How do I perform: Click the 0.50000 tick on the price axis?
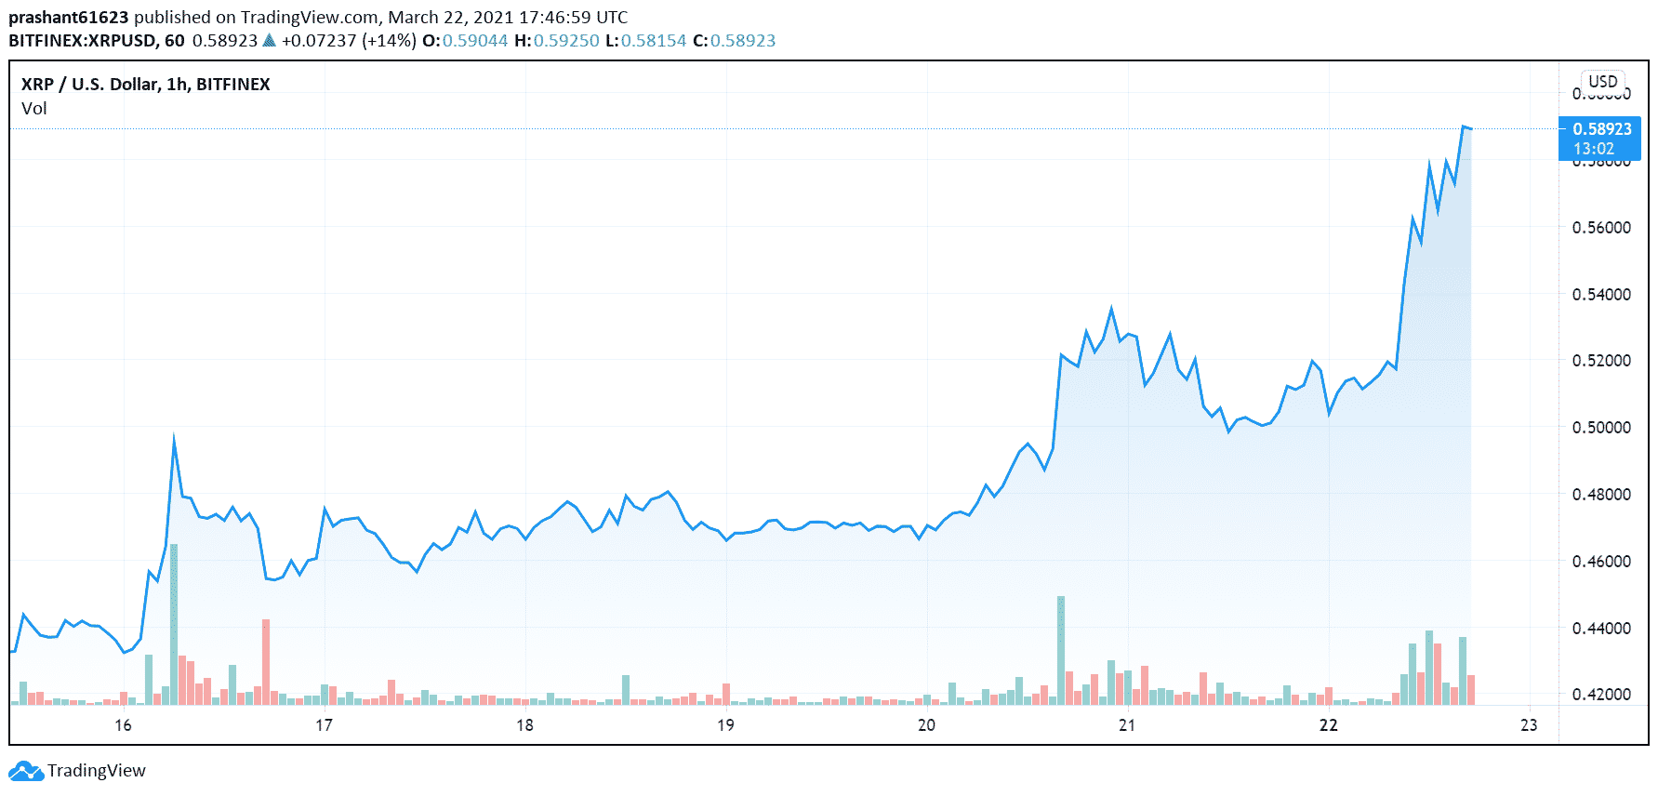1600,428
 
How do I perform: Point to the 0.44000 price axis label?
1600,629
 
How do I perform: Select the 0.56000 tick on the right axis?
1600,228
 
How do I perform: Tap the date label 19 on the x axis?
725,725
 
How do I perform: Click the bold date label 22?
1328,725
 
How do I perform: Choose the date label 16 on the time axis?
123,725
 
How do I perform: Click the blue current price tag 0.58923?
1601,129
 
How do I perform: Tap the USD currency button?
1602,82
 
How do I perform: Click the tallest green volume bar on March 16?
174,623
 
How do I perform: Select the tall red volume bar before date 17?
266,660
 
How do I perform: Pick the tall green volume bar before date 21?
1061,649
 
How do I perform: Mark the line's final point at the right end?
1470,128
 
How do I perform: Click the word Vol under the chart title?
34,109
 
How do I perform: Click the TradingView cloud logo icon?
26,771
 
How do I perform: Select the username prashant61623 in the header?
68,18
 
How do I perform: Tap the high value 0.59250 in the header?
566,41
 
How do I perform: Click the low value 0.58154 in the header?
654,41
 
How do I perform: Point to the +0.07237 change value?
319,41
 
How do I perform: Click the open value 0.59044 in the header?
475,41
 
